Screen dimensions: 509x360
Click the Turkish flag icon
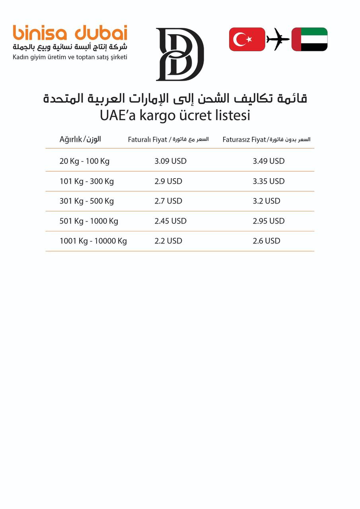(x=247, y=39)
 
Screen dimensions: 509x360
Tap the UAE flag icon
(x=309, y=39)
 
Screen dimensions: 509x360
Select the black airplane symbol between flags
(x=278, y=39)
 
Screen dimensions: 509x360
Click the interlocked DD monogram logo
(x=180, y=54)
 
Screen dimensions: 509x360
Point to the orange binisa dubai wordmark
(x=70, y=33)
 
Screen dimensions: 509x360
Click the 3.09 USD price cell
(x=170, y=161)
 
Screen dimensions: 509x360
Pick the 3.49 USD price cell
(x=269, y=161)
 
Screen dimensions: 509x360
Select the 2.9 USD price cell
(x=168, y=181)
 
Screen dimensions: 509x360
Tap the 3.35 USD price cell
(x=269, y=181)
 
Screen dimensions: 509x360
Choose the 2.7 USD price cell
(x=168, y=201)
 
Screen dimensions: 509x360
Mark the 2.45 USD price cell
(x=170, y=221)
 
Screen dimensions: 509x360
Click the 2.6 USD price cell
(x=267, y=241)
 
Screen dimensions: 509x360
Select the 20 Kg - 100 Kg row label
(x=84, y=161)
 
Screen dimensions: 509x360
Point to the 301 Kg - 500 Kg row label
(x=87, y=201)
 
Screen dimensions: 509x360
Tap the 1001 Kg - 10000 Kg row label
(x=93, y=241)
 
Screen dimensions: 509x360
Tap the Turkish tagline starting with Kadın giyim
(x=70, y=57)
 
